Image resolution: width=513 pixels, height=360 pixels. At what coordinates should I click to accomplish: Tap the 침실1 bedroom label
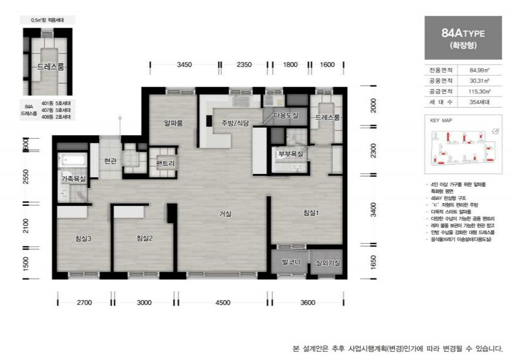pos(311,212)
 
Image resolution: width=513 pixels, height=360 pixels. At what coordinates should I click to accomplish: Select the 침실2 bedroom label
pos(145,238)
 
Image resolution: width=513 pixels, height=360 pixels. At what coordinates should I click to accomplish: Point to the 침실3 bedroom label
pos(83,238)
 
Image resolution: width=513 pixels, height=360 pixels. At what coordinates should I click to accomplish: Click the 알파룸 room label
pos(174,123)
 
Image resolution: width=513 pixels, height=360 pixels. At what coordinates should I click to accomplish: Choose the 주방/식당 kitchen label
pos(236,123)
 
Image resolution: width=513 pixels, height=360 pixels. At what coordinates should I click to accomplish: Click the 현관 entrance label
pos(110,161)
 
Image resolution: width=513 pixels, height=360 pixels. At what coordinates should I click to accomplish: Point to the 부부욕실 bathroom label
pos(291,154)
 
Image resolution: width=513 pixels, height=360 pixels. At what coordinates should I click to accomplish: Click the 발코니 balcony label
pos(291,262)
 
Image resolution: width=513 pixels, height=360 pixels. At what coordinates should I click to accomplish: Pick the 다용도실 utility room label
pos(286,115)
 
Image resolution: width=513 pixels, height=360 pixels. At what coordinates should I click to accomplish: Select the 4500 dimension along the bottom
pos(223,302)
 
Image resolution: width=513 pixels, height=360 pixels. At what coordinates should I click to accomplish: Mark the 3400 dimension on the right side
pos(373,210)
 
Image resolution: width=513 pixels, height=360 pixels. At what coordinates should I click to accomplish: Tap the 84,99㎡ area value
pos(479,70)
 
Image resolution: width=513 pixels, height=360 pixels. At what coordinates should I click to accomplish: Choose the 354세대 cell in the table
pos(479,102)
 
